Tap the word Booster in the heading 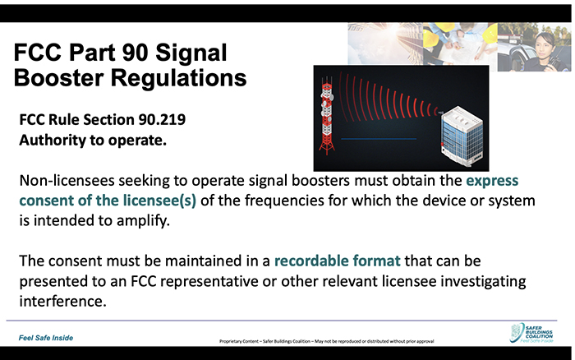pyautogui.click(x=59, y=78)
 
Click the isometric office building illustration pyautogui.click(x=462, y=136)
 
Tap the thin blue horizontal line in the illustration pyautogui.click(x=379, y=139)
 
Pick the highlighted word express pyautogui.click(x=492, y=181)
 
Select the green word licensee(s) pyautogui.click(x=159, y=201)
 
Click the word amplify pyautogui.click(x=143, y=221)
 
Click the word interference pyautogui.click(x=62, y=302)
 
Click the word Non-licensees pyautogui.click(x=67, y=181)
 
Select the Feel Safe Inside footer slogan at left pyautogui.click(x=46, y=338)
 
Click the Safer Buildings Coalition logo pyautogui.click(x=531, y=333)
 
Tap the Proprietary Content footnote pyautogui.click(x=326, y=341)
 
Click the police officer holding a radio pyautogui.click(x=545, y=52)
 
